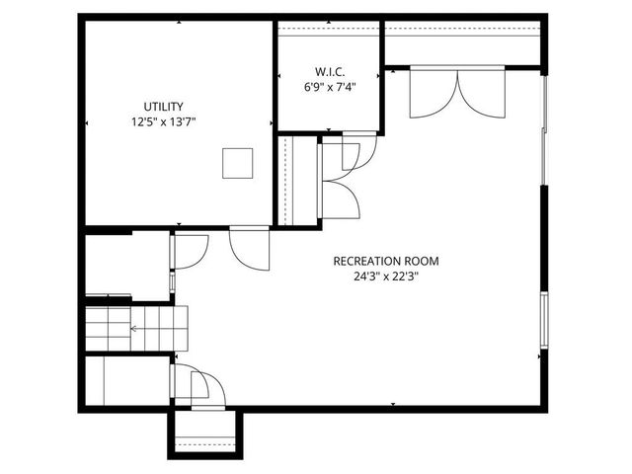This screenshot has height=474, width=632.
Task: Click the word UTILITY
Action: [163, 106]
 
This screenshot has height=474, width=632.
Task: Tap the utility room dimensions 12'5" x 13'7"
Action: [163, 122]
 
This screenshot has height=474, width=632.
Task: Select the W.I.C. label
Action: [329, 71]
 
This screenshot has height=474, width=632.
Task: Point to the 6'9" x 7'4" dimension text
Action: [329, 87]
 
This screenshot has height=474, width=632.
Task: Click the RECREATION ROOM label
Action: [386, 261]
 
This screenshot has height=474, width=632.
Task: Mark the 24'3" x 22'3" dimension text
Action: [386, 277]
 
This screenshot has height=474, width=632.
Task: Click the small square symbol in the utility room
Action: [237, 163]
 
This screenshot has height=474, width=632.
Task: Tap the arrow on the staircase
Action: [133, 327]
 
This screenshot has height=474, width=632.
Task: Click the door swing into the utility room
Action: [250, 247]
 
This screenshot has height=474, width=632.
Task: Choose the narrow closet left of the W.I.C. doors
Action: [300, 182]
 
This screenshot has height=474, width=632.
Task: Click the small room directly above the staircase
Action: [126, 264]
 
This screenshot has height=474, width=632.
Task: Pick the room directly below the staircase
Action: [126, 379]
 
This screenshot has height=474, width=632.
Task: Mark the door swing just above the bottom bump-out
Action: [203, 388]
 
